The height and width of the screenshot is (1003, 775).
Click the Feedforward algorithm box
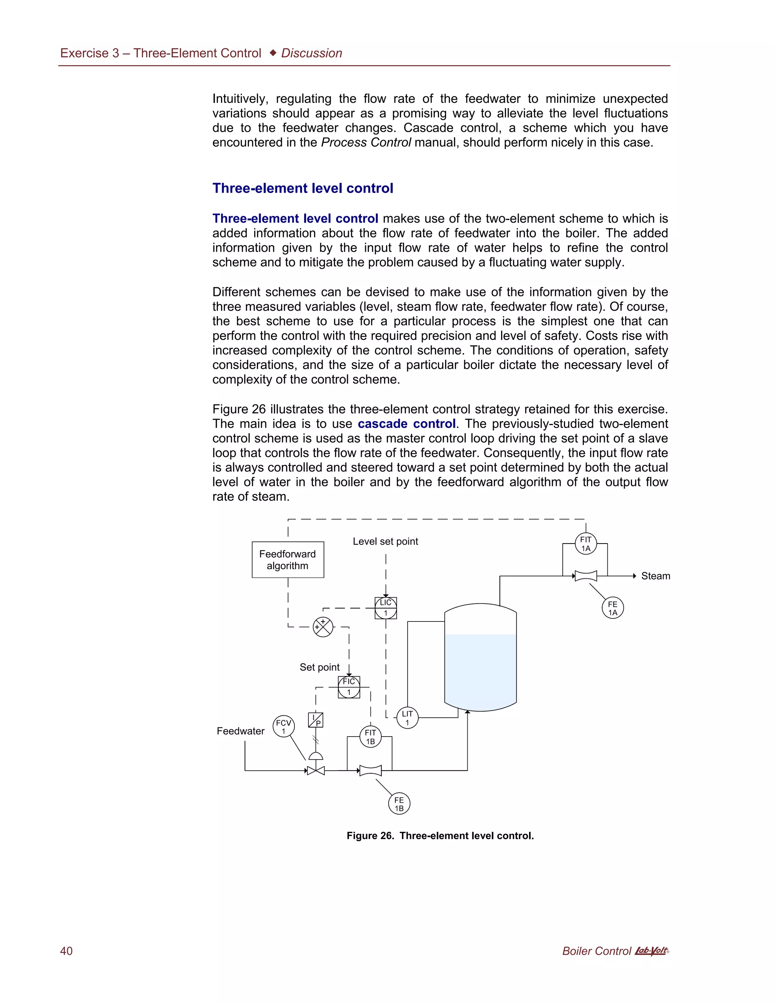(288, 559)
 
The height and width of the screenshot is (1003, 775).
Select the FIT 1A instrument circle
(585, 544)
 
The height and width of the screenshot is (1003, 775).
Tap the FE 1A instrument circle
(613, 608)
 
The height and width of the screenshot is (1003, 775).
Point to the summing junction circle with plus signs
(323, 627)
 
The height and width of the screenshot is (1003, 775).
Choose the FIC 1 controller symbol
(349, 687)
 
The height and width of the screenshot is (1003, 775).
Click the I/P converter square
(316, 720)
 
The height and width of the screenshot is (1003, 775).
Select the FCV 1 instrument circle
(283, 727)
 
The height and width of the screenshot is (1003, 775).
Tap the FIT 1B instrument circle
(370, 737)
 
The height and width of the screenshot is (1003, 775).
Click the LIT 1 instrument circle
(407, 718)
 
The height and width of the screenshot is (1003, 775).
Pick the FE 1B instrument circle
(399, 804)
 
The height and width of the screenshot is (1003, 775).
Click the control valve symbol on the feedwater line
(316, 770)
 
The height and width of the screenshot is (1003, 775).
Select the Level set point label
(385, 542)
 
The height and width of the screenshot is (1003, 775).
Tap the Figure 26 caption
(440, 836)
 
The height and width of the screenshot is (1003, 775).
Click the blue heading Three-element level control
(303, 188)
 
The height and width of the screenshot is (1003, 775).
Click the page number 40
(66, 951)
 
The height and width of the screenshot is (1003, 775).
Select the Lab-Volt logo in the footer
(651, 951)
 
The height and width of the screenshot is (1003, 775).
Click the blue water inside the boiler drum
(480, 671)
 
